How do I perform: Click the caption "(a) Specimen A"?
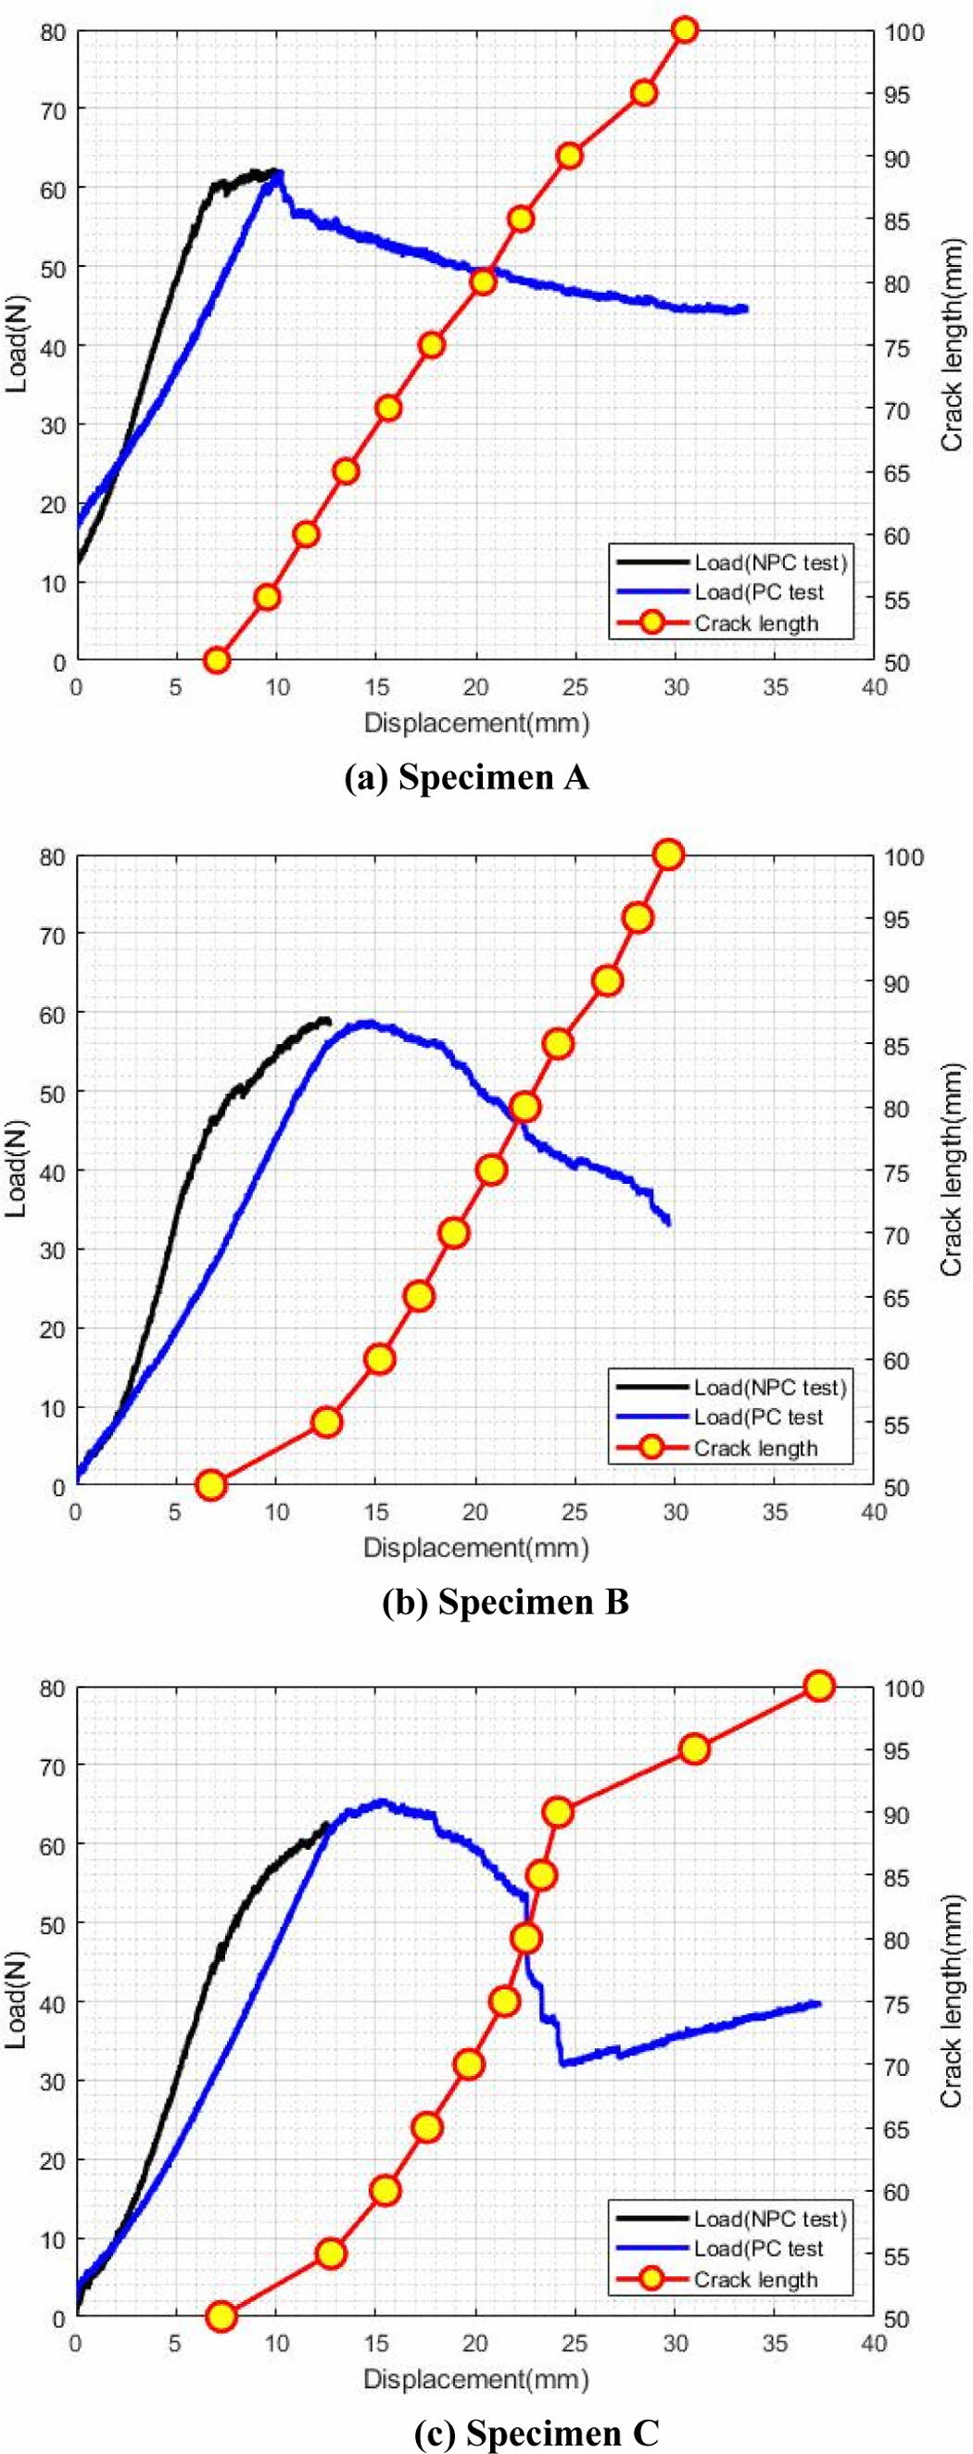pyautogui.click(x=466, y=777)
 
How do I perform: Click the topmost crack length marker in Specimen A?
pyautogui.click(x=683, y=31)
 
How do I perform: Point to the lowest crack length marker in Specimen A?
pyautogui.click(x=216, y=661)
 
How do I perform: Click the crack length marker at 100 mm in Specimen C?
pyautogui.click(x=818, y=1686)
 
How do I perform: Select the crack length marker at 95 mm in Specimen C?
pyautogui.click(x=695, y=1749)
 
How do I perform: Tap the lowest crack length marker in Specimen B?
pyautogui.click(x=210, y=1484)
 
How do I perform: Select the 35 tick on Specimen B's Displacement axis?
pyautogui.click(x=775, y=1511)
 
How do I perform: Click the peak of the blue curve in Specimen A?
pyautogui.click(x=278, y=172)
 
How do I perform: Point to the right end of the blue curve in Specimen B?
pyautogui.click(x=669, y=1223)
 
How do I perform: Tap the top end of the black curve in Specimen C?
pyautogui.click(x=325, y=1825)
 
